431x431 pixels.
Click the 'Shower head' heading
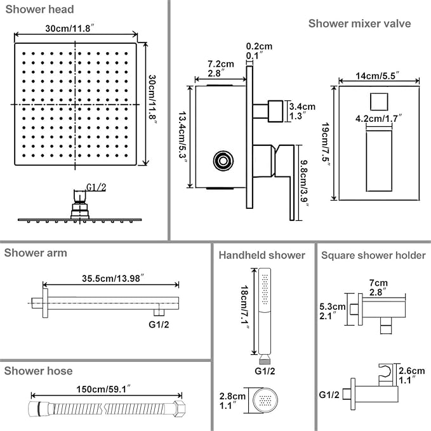click(x=39, y=10)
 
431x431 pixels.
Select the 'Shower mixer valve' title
click(x=359, y=23)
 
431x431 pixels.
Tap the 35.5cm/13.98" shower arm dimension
click(x=113, y=278)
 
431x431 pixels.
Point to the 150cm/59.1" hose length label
click(x=103, y=389)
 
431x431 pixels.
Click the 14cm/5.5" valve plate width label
click(x=378, y=76)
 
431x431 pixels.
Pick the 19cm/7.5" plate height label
click(x=326, y=145)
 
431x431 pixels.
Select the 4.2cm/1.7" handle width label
click(x=378, y=119)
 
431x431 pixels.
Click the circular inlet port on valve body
click(x=223, y=161)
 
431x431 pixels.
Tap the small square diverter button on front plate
click(x=379, y=102)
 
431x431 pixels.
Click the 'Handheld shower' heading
click(x=262, y=255)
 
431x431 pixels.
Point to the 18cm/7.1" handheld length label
click(x=244, y=307)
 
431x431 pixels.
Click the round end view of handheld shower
click(x=265, y=400)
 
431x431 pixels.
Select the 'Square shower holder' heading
click(x=373, y=255)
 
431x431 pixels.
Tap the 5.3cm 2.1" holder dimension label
click(x=333, y=311)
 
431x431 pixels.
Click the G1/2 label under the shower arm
click(x=159, y=324)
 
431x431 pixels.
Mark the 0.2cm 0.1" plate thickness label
click(x=259, y=51)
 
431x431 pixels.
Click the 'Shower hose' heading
click(x=39, y=371)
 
